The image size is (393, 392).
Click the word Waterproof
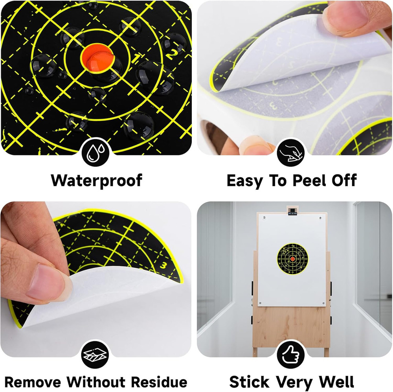96,180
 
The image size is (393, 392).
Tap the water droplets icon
96,152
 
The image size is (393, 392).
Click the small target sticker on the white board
292,259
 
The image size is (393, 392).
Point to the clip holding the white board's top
292,211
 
